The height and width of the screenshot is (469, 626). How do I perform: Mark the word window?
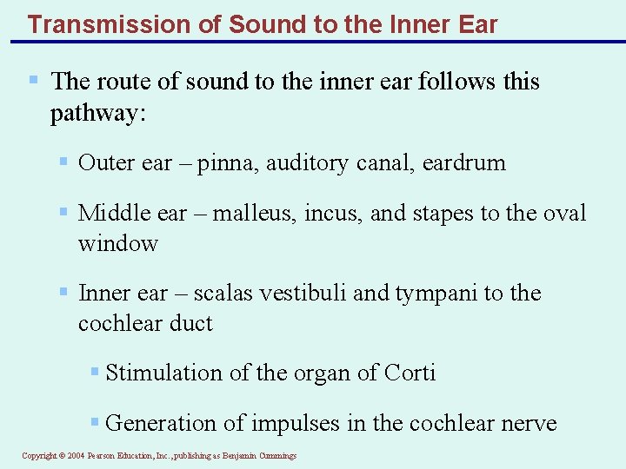tap(117, 243)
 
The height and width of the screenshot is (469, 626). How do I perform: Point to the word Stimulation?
tap(163, 373)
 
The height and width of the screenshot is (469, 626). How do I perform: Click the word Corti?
tap(409, 373)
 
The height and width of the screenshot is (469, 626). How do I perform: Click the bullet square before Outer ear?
tap(63, 161)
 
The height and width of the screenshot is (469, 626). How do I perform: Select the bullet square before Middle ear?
tap(63, 211)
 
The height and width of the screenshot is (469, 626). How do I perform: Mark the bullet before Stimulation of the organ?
tap(95, 372)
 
